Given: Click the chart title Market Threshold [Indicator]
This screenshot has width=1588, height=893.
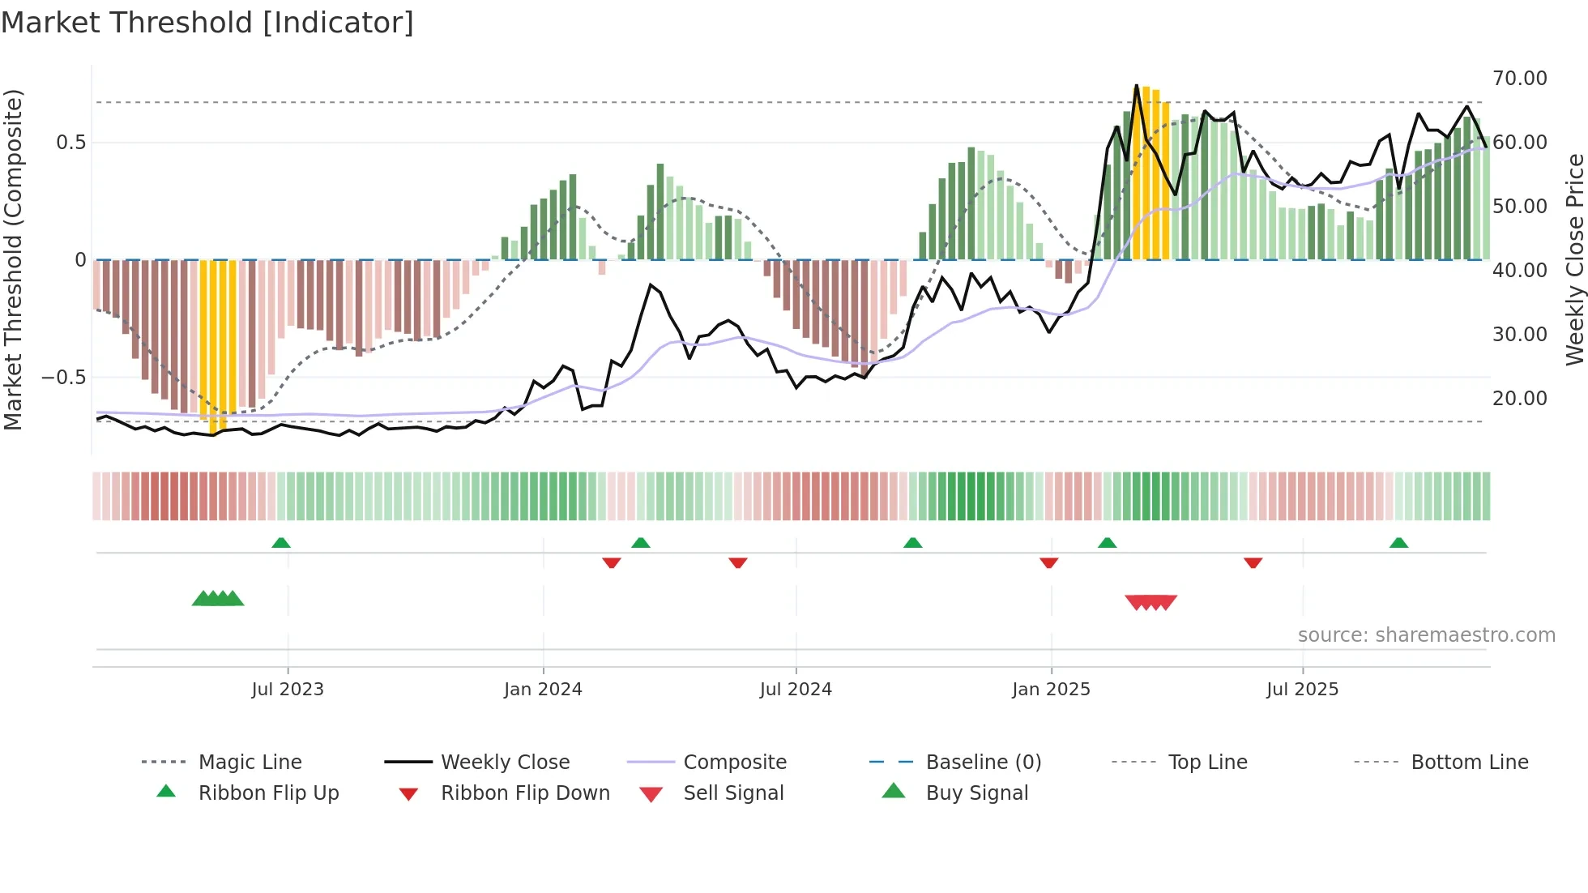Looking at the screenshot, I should pyautogui.click(x=207, y=23).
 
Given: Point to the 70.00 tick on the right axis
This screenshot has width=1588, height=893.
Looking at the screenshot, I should pyautogui.click(x=1519, y=79).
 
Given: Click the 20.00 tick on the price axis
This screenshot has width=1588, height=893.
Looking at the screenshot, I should pyautogui.click(x=1519, y=399).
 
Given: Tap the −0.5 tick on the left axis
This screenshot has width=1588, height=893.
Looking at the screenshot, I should pyautogui.click(x=63, y=378).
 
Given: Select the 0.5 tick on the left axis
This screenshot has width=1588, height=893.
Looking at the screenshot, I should pyautogui.click(x=70, y=143).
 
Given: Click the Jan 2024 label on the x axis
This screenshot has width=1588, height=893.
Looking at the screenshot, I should pyautogui.click(x=543, y=690).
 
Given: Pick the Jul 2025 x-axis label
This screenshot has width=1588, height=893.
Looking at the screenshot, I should pyautogui.click(x=1302, y=690).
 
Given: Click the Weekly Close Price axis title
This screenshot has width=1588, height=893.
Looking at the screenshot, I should pyautogui.click(x=1574, y=259).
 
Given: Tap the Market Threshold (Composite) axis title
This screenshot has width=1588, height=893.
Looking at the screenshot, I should pyautogui.click(x=13, y=259).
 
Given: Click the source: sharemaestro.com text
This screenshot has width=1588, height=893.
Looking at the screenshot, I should pyautogui.click(x=1426, y=635).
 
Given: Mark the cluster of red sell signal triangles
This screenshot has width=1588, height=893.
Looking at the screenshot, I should pyautogui.click(x=1150, y=602).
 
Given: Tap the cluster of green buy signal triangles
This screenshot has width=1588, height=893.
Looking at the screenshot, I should pyautogui.click(x=218, y=599).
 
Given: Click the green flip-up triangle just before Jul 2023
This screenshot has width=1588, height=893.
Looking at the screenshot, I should pyautogui.click(x=281, y=542).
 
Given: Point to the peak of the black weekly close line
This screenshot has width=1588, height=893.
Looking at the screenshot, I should pyautogui.click(x=1137, y=85).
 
